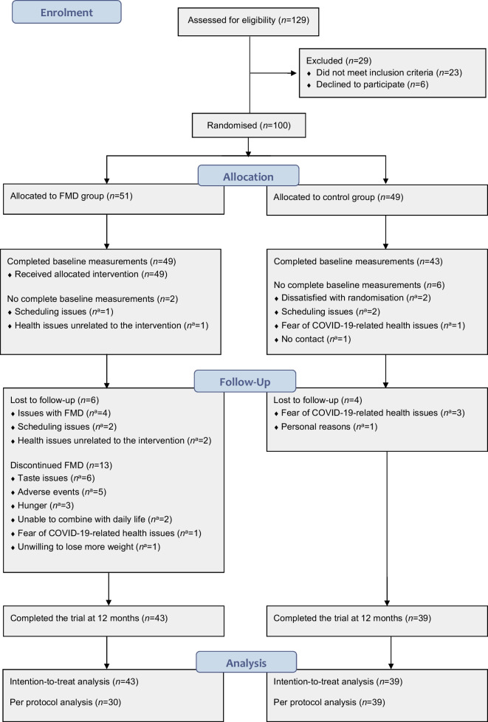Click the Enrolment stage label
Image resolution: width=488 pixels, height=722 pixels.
click(67, 12)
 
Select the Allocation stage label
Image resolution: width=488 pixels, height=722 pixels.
click(248, 176)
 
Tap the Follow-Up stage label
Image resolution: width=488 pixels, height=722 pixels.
click(244, 382)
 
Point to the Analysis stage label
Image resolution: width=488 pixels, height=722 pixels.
click(247, 664)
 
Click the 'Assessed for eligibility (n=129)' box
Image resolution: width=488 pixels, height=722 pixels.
click(250, 21)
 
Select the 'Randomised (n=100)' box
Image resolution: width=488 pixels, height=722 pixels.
click(249, 124)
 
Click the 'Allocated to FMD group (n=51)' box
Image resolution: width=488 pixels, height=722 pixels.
click(114, 198)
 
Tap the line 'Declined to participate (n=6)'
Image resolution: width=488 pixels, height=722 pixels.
click(368, 84)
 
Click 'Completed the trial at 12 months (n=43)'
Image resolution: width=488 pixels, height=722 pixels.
click(87, 617)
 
